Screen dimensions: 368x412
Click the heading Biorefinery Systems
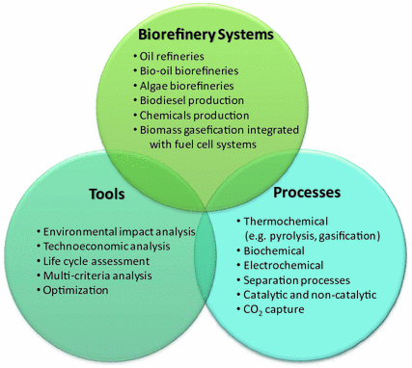206,35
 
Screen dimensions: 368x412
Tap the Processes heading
309,192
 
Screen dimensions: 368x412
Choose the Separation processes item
296,279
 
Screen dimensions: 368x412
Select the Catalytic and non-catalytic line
311,294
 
